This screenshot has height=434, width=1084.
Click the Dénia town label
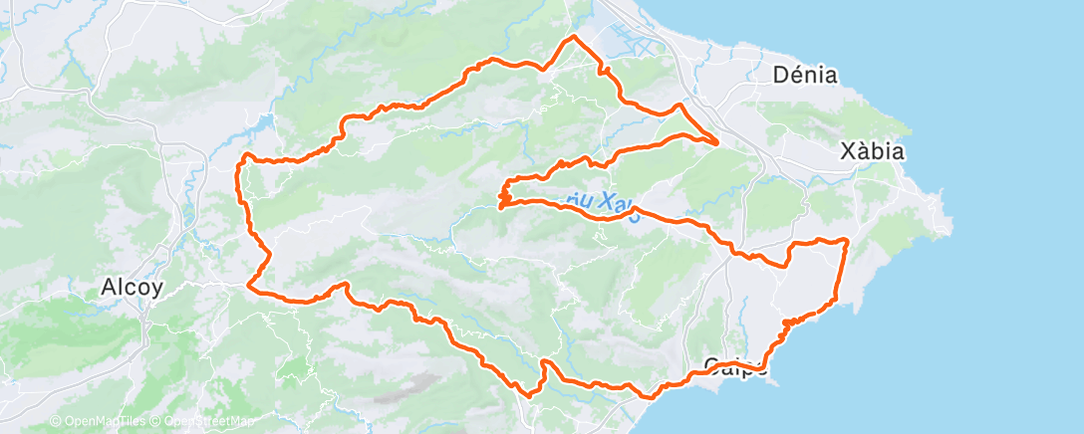tap(805, 75)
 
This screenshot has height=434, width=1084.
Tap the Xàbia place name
tap(872, 152)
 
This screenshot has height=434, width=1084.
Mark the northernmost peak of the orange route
tap(573, 37)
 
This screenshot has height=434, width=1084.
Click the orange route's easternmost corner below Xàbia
tap(847, 240)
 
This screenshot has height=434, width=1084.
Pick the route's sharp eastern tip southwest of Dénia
tap(717, 143)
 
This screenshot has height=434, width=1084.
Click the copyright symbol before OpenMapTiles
tap(55, 422)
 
